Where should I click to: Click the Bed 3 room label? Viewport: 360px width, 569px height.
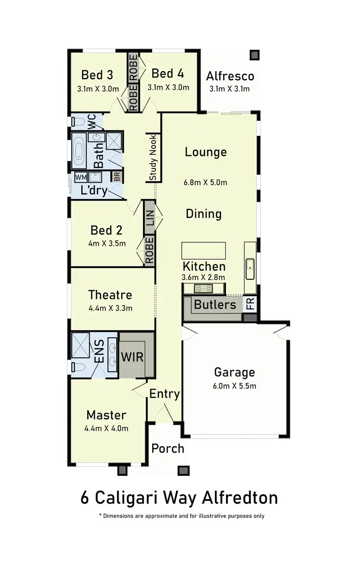point(97,75)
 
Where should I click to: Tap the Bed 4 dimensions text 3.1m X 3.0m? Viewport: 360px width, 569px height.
point(168,87)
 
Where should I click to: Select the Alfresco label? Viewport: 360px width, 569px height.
point(230,76)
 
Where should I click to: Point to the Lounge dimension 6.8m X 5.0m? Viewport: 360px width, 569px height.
point(205,182)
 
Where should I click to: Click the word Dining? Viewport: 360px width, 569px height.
point(204,213)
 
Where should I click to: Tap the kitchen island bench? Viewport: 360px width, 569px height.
point(204,250)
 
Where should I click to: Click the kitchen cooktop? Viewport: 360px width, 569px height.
point(203,288)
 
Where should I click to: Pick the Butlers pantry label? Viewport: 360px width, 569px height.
point(215,305)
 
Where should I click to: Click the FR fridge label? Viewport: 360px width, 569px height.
point(250,304)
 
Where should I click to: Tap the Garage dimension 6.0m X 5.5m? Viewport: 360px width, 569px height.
point(234,386)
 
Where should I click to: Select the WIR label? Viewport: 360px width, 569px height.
point(132,357)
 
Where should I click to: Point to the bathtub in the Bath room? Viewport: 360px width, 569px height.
point(79,149)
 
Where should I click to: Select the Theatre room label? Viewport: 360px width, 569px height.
point(110,295)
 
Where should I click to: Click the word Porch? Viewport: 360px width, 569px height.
point(168,448)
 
